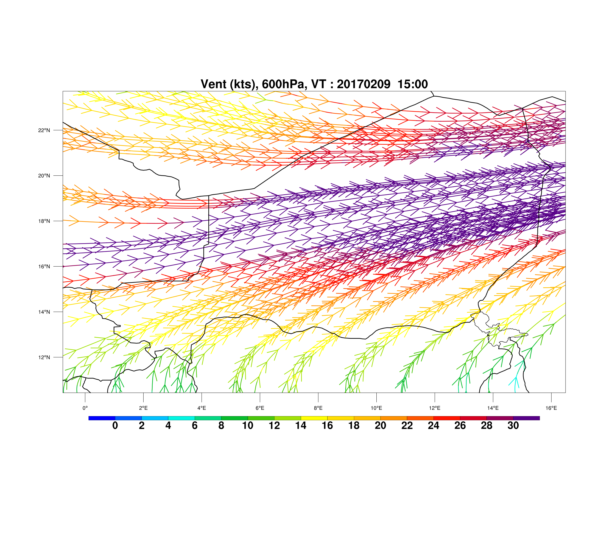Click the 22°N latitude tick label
click(44, 130)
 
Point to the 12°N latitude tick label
click(44, 357)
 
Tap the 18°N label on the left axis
click(44, 221)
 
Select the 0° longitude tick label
click(85, 408)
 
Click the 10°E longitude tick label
click(376, 408)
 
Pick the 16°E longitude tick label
click(551, 408)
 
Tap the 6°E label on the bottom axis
click(260, 408)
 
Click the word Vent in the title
click(214, 84)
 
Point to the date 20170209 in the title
click(363, 84)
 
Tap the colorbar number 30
click(513, 425)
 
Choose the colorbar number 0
click(115, 425)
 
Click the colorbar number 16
click(327, 425)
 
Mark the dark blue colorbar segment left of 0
click(102, 418)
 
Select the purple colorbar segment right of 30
click(526, 418)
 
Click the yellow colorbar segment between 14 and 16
click(314, 418)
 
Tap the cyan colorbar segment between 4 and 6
click(181, 418)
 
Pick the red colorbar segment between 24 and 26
click(447, 418)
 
